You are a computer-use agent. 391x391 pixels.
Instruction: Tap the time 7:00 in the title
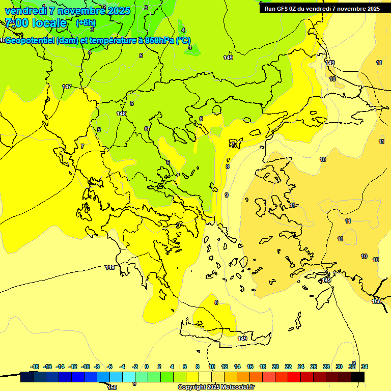17,23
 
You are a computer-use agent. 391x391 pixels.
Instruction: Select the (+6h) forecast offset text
85,23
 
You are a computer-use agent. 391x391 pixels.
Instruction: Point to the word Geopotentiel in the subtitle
31,41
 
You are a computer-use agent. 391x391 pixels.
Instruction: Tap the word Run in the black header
270,9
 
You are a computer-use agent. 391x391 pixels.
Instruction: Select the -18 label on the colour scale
35,367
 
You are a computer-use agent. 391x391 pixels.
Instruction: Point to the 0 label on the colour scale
146,367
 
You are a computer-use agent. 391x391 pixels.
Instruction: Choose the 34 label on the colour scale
364,367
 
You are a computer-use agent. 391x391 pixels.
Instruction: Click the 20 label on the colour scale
275,367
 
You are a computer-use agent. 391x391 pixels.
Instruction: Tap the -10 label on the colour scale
86,367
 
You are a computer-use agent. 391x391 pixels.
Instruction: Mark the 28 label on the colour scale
326,367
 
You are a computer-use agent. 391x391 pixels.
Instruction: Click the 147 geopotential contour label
67,87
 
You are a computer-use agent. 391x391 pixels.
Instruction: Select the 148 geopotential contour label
121,114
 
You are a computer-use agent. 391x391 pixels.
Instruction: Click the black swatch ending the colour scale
358,377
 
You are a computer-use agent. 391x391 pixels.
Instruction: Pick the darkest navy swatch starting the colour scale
27,377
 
